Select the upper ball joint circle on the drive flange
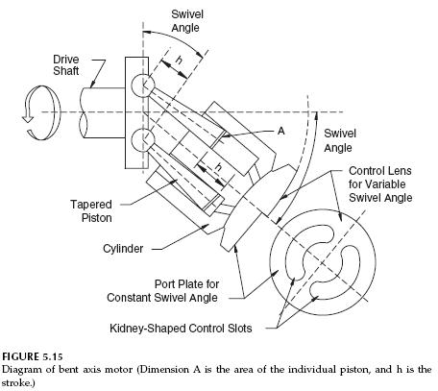pyautogui.click(x=142, y=84)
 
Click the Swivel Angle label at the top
pyautogui.click(x=187, y=21)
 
